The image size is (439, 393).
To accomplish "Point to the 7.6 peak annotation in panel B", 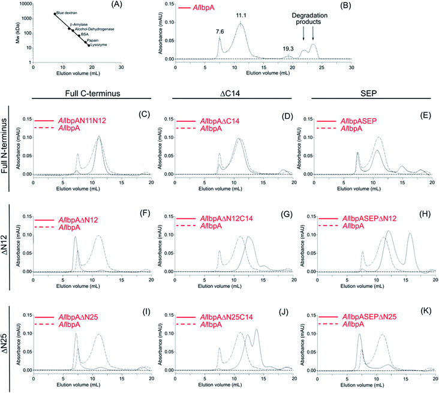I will point(220,32).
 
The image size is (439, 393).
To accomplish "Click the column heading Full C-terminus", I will point(90,94).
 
